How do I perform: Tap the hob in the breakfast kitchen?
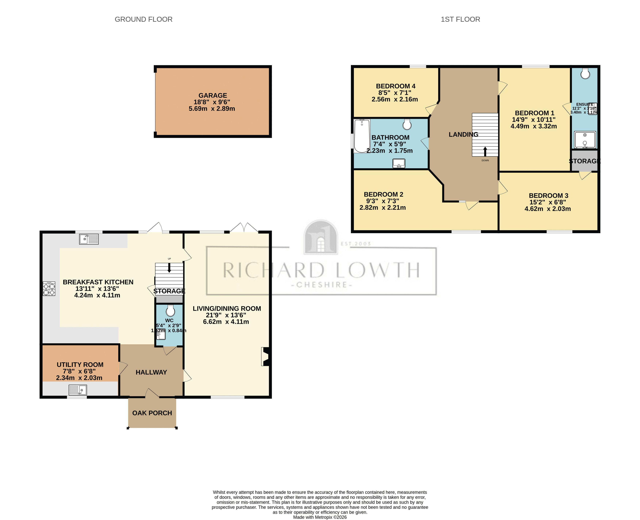(49, 289)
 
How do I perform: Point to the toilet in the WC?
(170, 311)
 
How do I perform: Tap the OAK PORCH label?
(152, 413)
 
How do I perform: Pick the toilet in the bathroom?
(407, 124)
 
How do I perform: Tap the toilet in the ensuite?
(585, 73)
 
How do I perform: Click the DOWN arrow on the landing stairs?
(485, 151)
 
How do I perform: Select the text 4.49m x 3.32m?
(534, 126)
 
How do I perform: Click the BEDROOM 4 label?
(395, 86)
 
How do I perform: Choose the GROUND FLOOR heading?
(144, 20)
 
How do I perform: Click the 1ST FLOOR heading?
(460, 20)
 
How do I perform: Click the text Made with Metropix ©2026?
(320, 517)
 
